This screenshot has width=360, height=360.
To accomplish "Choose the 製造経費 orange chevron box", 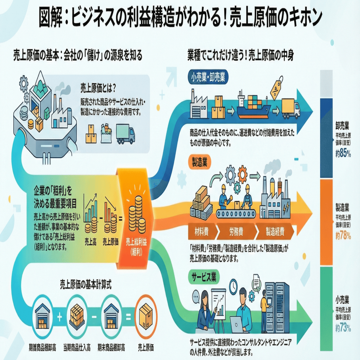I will pyautogui.click(x=275, y=232).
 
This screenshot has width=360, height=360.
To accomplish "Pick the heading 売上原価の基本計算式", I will pyautogui.click(x=87, y=285).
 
